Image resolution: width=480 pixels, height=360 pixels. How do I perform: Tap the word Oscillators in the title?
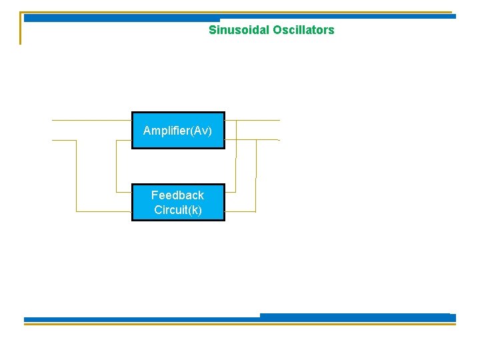pyautogui.click(x=303, y=30)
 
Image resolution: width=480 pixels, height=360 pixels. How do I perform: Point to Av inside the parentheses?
pyautogui.click(x=203, y=131)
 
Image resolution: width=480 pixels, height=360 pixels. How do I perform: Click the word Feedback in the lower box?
pyautogui.click(x=177, y=195)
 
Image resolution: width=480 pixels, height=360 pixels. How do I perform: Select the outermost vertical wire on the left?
pyautogui.click(x=77, y=176)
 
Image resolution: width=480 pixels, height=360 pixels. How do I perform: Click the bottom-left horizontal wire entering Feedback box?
pyautogui.click(x=103, y=211)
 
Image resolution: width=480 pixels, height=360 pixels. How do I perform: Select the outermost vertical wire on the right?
pyautogui.click(x=256, y=176)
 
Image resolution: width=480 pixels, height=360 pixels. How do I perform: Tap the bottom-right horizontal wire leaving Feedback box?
pyautogui.click(x=240, y=211)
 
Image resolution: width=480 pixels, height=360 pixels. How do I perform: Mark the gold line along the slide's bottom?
pyautogui.click(x=240, y=325)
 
